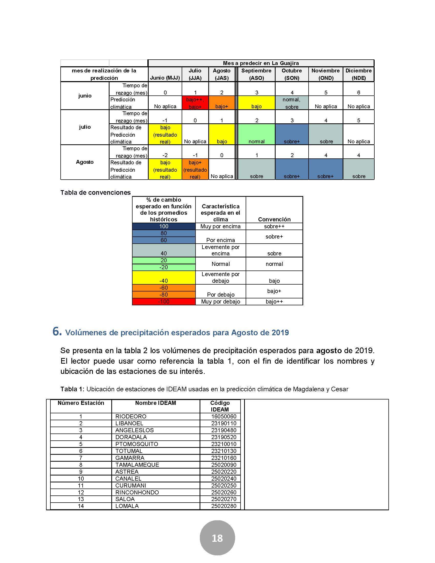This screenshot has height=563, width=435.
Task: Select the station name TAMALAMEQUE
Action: click(x=137, y=464)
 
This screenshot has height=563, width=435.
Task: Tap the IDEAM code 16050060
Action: click(x=224, y=416)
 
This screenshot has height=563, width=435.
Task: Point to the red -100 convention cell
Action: click(x=164, y=301)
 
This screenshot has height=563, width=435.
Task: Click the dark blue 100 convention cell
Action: click(x=164, y=226)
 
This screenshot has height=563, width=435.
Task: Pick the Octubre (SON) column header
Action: click(x=292, y=74)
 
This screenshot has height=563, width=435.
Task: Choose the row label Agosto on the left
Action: click(x=85, y=162)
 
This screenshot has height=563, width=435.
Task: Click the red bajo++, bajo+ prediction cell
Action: click(x=195, y=103)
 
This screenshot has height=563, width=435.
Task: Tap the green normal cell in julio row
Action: click(x=256, y=134)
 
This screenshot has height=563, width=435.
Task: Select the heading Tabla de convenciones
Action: click(x=95, y=192)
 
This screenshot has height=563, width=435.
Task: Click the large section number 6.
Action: click(x=57, y=331)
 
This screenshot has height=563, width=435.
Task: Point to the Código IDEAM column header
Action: click(x=220, y=406)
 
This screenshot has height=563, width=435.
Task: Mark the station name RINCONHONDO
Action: click(x=137, y=492)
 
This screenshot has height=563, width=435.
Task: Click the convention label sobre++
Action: click(x=274, y=226)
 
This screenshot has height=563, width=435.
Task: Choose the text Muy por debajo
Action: click(x=221, y=301)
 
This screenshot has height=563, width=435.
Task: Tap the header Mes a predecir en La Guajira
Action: click(x=261, y=63)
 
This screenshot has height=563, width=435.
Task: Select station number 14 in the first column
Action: click(x=81, y=506)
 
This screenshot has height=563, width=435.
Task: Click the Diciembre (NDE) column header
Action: click(x=358, y=74)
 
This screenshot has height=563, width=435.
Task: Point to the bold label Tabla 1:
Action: click(x=72, y=389)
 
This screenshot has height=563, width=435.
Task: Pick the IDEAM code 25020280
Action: click(x=224, y=506)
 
